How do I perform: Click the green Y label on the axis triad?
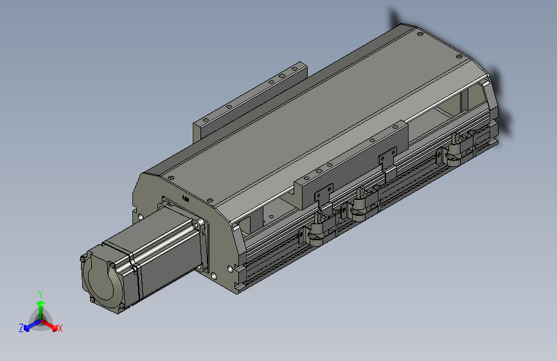click(x=40, y=294)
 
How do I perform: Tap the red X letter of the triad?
click(x=60, y=328)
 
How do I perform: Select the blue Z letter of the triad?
click(x=21, y=328)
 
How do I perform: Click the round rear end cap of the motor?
click(x=101, y=281)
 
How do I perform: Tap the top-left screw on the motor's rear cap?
click(x=83, y=259)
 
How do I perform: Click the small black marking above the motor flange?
click(x=185, y=199)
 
